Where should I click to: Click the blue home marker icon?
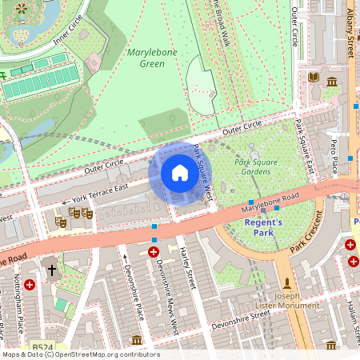point(180,173)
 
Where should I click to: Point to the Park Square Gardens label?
point(255,166)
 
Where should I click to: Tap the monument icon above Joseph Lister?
point(287,283)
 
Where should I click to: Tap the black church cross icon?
point(52,270)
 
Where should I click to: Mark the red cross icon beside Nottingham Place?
point(30,284)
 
